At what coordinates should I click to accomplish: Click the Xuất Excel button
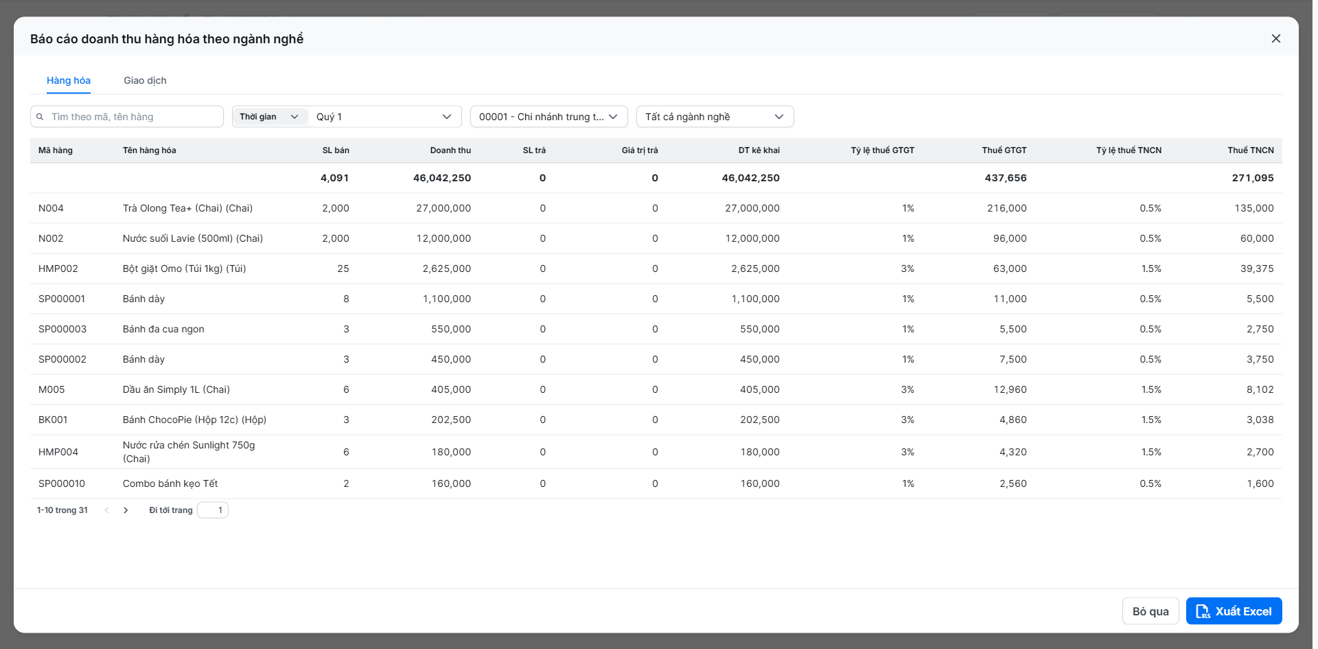click(1234, 611)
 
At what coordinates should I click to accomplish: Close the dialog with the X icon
click(1276, 38)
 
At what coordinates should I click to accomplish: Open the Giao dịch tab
click(145, 80)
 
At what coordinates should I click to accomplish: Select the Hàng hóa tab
click(69, 80)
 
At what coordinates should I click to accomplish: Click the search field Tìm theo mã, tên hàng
click(127, 117)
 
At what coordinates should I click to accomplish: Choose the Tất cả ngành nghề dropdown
click(715, 117)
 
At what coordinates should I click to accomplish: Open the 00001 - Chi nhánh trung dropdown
click(548, 117)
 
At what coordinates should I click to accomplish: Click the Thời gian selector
click(270, 117)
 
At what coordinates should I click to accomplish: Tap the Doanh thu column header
click(450, 150)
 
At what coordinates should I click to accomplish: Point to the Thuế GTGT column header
click(1004, 150)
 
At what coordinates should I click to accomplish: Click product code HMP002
click(58, 269)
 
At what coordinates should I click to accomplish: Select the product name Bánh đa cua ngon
click(163, 329)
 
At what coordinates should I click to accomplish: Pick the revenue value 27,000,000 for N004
click(443, 208)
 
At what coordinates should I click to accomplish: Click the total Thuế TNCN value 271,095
click(1253, 178)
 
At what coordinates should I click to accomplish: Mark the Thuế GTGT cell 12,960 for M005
click(1010, 389)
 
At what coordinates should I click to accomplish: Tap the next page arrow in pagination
click(126, 510)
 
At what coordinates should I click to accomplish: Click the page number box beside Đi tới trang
click(213, 510)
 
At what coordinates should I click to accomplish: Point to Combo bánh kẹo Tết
click(170, 483)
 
